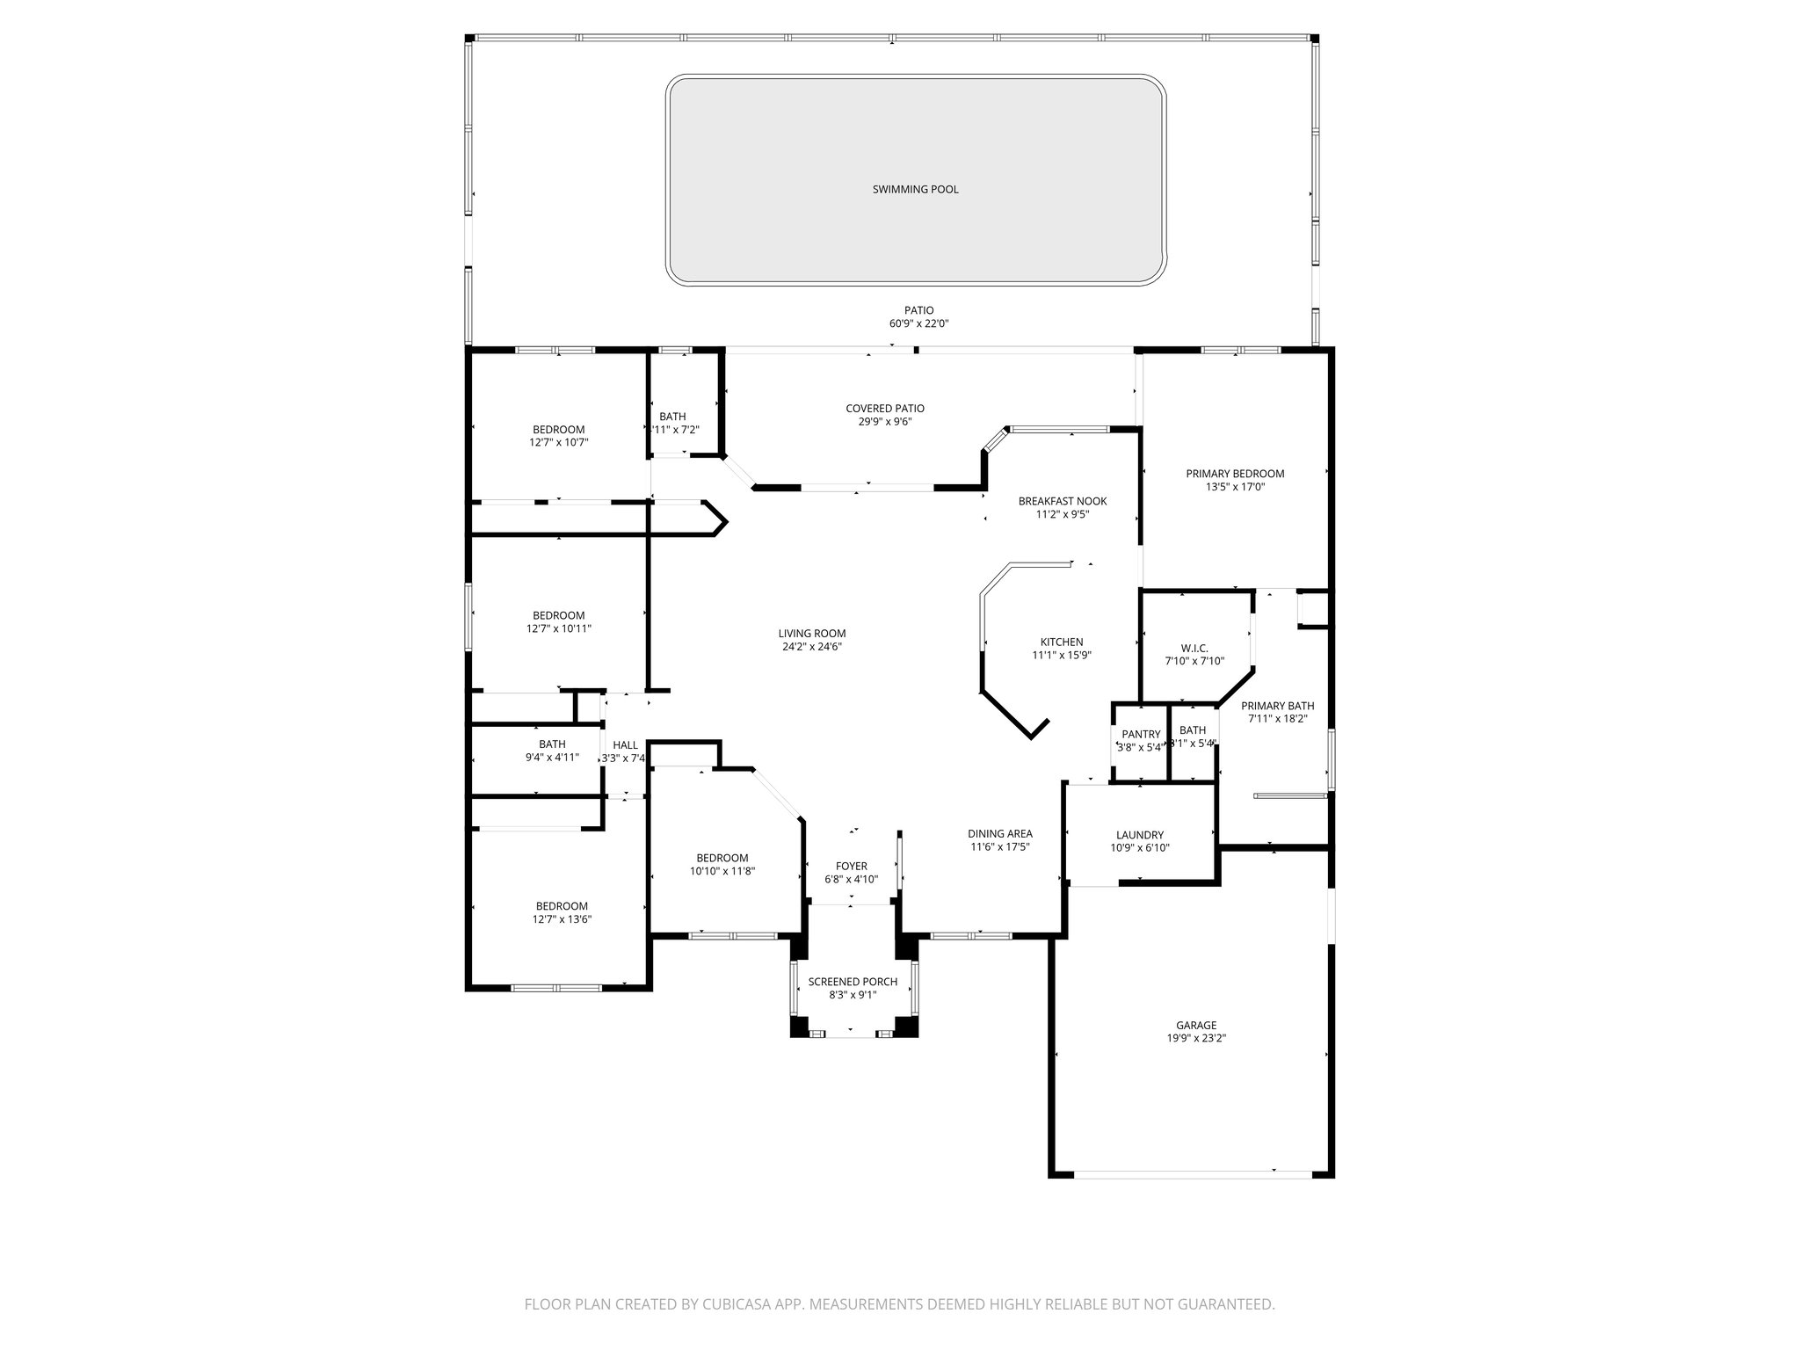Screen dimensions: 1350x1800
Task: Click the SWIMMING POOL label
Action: coord(915,189)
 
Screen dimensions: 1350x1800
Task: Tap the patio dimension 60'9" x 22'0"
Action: coord(918,323)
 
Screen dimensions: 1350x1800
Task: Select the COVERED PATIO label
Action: coord(884,408)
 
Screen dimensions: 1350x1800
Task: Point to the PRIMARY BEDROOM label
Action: coord(1234,473)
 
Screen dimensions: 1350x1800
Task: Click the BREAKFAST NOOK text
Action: coord(1062,501)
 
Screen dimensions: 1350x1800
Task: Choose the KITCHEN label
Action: coord(1061,642)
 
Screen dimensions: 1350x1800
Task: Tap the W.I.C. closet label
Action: coord(1194,648)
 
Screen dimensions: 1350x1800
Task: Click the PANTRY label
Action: coord(1141,734)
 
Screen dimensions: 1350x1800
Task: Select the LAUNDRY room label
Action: coord(1139,835)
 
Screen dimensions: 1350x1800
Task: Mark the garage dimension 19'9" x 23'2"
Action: coord(1196,1038)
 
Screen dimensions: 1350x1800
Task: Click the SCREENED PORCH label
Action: coord(853,982)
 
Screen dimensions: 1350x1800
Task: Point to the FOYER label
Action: coord(851,866)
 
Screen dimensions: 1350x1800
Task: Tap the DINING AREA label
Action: coord(999,833)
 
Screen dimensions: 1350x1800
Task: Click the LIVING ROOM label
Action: coord(811,633)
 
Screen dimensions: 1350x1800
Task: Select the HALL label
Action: coord(625,745)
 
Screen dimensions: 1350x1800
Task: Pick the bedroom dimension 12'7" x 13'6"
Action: coord(562,919)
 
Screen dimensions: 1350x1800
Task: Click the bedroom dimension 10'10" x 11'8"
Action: coord(722,871)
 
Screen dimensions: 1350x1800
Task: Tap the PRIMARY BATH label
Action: coord(1276,706)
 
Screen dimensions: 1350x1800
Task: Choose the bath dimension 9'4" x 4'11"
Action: coord(551,757)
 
